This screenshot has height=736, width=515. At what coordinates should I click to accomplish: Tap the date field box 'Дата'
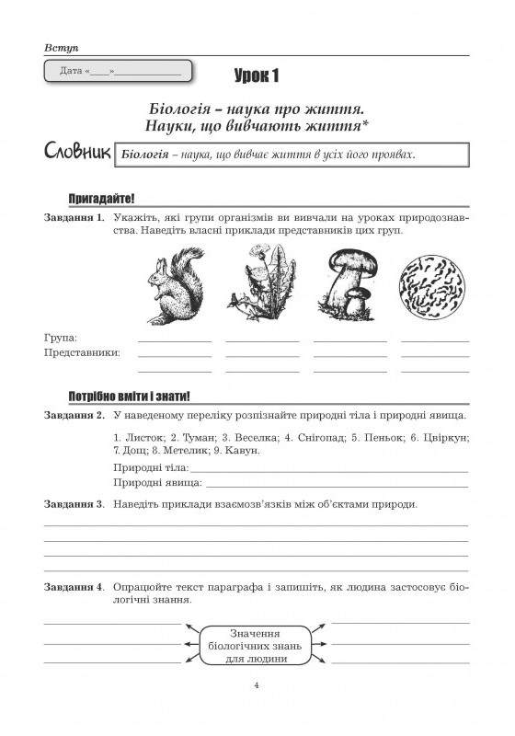click(x=117, y=71)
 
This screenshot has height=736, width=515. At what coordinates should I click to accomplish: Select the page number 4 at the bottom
click(x=257, y=684)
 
